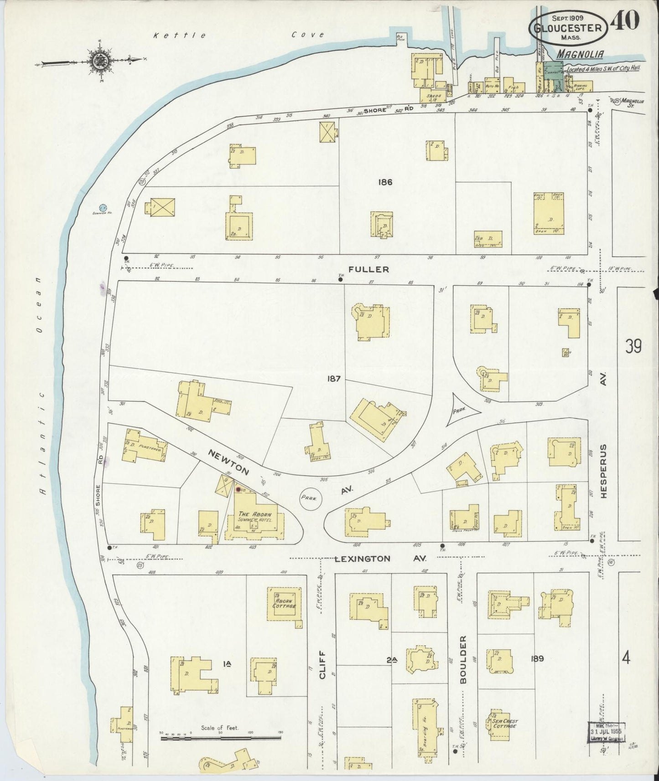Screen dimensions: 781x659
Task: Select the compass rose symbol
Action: (99, 60)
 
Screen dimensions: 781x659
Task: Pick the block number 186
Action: (385, 182)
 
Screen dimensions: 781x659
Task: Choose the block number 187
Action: (333, 378)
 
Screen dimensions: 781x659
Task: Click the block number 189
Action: (538, 658)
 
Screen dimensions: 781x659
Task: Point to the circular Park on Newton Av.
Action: (311, 498)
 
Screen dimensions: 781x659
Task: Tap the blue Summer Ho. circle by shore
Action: (103, 207)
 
